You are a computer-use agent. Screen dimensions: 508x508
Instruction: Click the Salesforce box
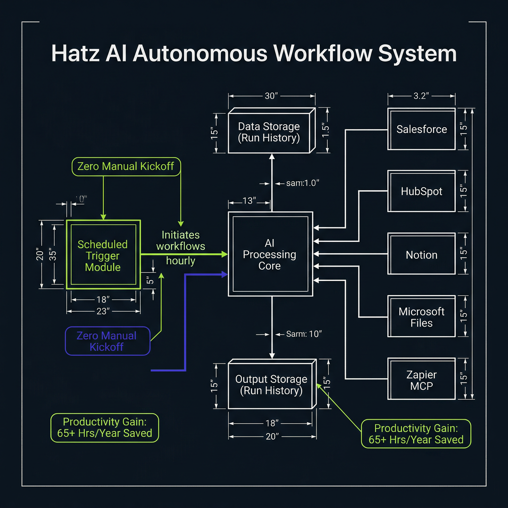[x=421, y=129]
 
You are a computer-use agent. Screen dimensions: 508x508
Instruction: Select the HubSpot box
[x=421, y=191]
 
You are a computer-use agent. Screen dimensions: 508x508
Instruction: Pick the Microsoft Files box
[x=421, y=317]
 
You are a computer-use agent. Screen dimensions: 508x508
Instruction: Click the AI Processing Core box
[x=270, y=254]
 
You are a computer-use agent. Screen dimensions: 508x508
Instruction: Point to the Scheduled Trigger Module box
[x=103, y=254]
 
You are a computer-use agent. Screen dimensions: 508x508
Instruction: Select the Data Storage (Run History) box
[x=269, y=132]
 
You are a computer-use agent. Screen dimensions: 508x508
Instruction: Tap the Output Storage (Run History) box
[x=271, y=384]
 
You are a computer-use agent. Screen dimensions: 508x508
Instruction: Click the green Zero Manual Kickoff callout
[x=126, y=166]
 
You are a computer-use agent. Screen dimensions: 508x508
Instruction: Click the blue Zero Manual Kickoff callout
[x=107, y=341]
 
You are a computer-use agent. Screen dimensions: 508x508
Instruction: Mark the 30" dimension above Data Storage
[x=271, y=96]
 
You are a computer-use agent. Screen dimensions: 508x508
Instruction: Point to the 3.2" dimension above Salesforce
[x=421, y=96]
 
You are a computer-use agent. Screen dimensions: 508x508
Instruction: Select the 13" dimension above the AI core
[x=249, y=201]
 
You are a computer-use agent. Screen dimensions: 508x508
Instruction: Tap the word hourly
[x=181, y=261]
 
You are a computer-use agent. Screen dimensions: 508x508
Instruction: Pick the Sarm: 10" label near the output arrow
[x=303, y=334]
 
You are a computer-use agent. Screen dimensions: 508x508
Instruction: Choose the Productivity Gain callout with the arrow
[x=416, y=434]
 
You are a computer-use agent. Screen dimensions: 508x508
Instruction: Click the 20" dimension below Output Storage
[x=272, y=437]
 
